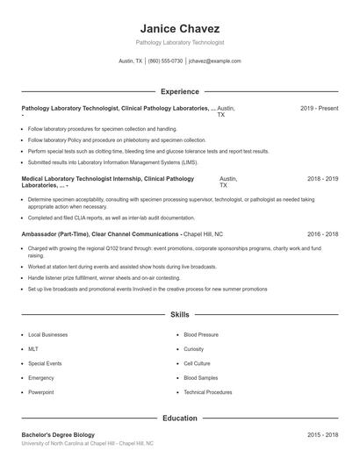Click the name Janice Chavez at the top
179,28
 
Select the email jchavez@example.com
214,61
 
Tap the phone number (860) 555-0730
165,61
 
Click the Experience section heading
179,91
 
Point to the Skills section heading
179,314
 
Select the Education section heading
179,418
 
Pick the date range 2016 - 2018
322,235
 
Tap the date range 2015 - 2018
322,435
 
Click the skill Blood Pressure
201,334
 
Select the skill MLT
33,348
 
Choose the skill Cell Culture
197,362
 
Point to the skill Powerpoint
40,391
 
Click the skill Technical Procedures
207,391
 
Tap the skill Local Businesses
47,334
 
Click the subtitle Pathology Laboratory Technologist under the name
179,42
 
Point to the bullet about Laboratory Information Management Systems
112,162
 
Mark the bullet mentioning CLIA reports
111,218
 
